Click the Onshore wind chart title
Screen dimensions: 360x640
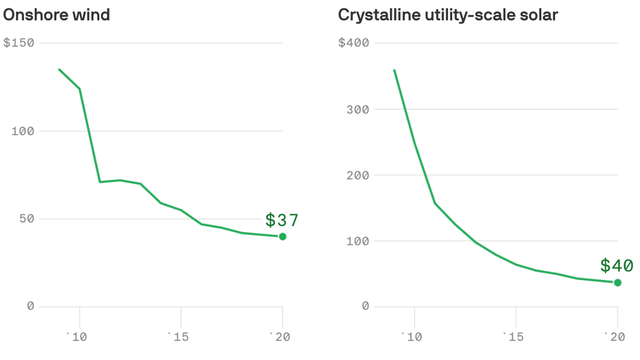(56, 15)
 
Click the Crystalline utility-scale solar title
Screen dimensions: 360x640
(448, 15)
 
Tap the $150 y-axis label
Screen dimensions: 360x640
(19, 43)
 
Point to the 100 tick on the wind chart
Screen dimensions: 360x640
(23, 131)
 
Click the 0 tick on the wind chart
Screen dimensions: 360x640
(30, 307)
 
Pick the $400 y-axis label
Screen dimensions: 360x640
(354, 43)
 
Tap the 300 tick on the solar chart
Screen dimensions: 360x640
(358, 109)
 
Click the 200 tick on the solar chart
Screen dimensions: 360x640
(358, 175)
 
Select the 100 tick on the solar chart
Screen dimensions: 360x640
(358, 241)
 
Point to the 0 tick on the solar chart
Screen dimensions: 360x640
(365, 307)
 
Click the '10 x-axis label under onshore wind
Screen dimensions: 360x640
(77, 337)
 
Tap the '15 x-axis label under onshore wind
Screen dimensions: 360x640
(179, 337)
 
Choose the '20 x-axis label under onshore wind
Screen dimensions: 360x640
(280, 337)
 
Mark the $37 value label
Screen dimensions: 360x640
(282, 220)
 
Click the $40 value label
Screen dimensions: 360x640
(617, 265)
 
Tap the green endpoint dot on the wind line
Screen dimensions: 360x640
(283, 237)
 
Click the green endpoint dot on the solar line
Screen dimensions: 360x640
(618, 283)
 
